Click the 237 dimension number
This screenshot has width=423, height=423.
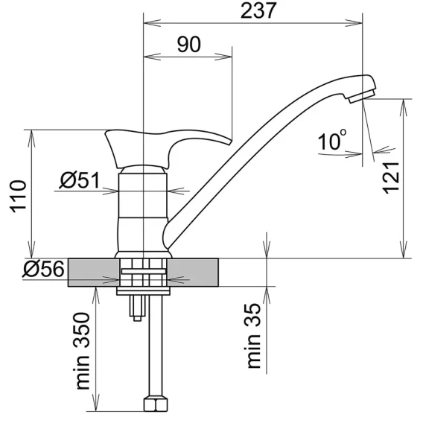[258, 10]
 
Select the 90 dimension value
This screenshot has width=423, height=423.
[189, 45]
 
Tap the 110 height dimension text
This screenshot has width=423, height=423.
[19, 197]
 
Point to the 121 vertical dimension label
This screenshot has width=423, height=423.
[391, 177]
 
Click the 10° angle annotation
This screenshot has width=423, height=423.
[332, 140]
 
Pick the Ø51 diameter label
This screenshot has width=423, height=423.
[80, 180]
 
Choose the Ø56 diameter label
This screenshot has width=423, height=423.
[44, 269]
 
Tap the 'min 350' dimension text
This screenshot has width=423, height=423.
[83, 351]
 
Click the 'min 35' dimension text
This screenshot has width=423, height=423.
[254, 336]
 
